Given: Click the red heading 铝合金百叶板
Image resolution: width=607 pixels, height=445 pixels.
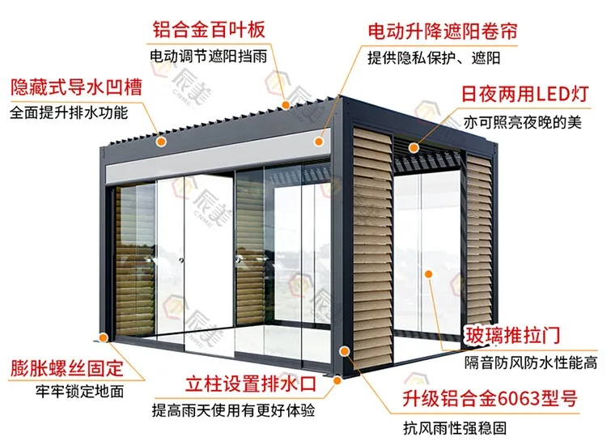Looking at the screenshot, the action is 209,31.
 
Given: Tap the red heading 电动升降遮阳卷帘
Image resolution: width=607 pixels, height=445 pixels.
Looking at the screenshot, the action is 442,32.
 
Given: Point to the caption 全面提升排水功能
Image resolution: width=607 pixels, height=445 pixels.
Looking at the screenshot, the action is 69,113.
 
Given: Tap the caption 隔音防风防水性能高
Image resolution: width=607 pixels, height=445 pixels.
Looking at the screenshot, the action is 530,362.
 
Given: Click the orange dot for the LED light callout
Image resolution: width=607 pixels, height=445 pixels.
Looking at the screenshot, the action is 413,147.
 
